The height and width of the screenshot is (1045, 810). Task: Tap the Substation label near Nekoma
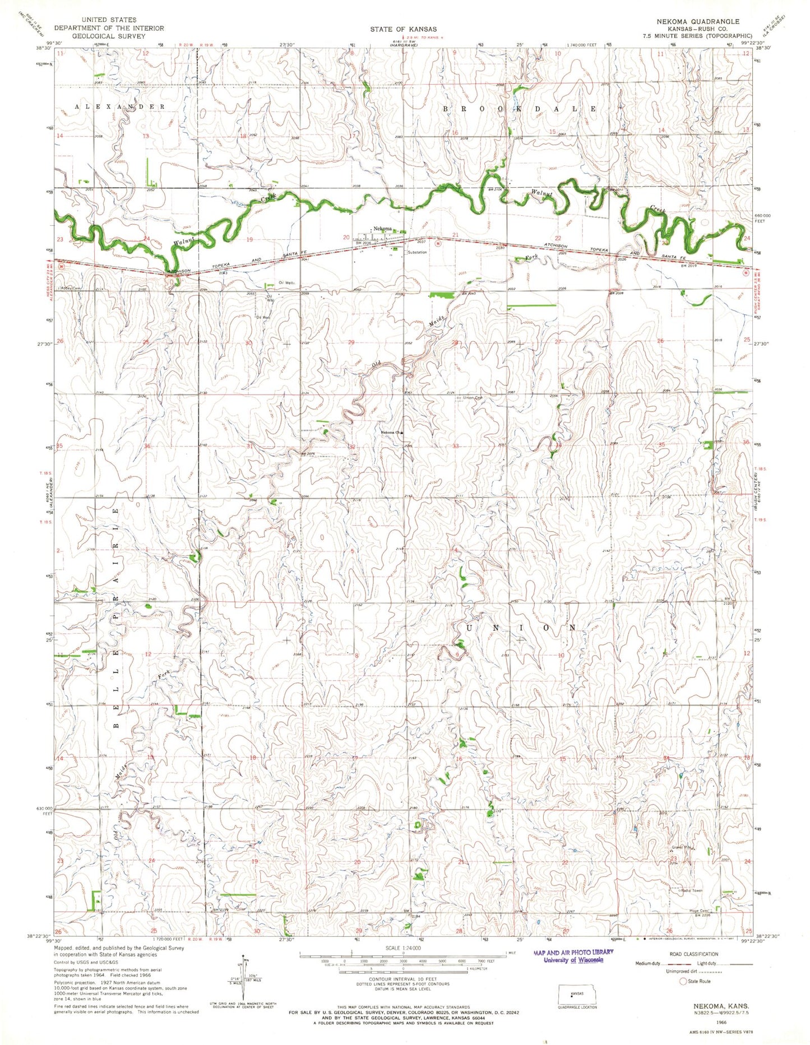tap(417, 252)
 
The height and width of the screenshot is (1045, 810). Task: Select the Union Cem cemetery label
tap(472, 398)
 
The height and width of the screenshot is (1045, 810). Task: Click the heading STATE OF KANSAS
tap(403, 29)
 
